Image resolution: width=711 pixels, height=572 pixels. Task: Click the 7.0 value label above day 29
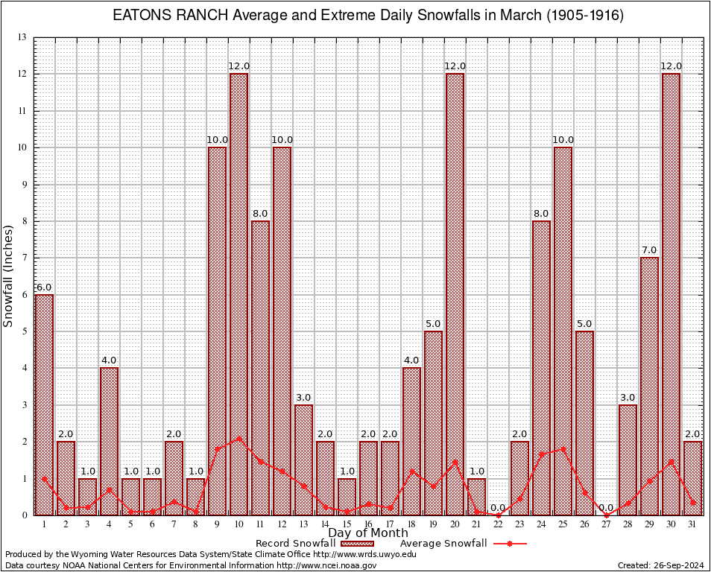click(649, 250)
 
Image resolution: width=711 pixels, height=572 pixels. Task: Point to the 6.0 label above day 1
click(44, 287)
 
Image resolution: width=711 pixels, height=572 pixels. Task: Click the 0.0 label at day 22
click(498, 507)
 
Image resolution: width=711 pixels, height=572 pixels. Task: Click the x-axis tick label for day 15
click(347, 525)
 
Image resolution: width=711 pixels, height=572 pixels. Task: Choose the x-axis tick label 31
click(692, 525)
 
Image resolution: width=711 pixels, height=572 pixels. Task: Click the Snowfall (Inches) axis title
click(9, 276)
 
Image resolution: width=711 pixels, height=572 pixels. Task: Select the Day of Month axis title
click(368, 533)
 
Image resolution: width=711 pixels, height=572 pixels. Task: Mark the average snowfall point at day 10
click(238, 439)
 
